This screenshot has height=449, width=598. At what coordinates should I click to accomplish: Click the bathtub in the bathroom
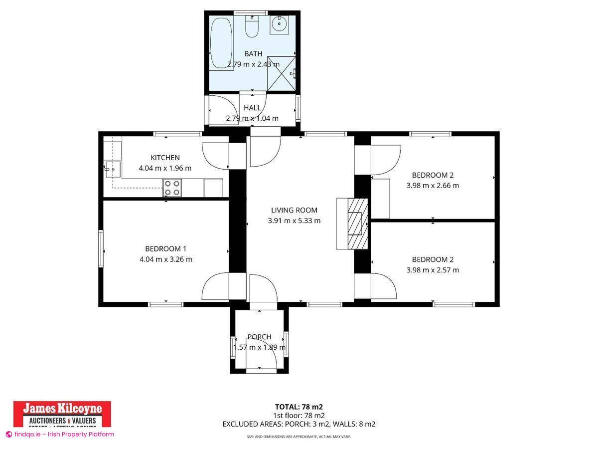pos(221,43)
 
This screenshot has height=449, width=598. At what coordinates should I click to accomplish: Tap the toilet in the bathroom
pos(252,27)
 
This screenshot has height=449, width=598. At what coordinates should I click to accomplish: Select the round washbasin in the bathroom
pos(280,23)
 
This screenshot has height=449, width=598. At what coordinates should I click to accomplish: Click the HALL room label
pos(252,108)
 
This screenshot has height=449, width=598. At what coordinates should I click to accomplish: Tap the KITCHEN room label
pos(165,158)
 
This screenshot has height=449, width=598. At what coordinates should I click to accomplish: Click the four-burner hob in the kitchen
pos(172,188)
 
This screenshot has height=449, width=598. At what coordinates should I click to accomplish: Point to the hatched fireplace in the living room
pos(355,223)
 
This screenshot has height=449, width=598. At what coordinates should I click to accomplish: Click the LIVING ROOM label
pos(294,210)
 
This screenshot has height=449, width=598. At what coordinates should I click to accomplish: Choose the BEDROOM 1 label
pos(165,248)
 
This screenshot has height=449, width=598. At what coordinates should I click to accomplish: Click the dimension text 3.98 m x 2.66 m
pos(433,186)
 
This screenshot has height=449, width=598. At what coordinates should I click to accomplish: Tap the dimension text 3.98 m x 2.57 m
pos(433,270)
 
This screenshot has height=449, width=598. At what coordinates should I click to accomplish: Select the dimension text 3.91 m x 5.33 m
pos(294,221)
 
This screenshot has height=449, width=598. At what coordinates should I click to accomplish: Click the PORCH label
pos(259,337)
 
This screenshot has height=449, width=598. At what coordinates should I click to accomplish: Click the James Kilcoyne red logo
pos(62,414)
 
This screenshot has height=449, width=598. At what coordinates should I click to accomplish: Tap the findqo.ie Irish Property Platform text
pos(60,434)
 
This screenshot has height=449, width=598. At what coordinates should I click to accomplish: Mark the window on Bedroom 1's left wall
pos(101,248)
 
